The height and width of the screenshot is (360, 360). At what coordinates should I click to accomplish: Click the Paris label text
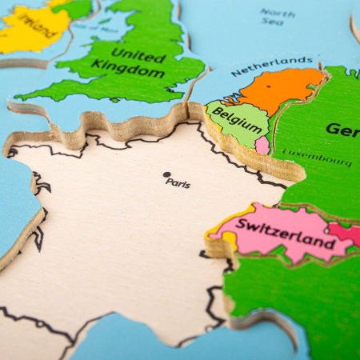178,182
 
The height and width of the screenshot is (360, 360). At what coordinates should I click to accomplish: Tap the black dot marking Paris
166,174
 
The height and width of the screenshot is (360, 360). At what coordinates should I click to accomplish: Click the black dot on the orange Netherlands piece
269,86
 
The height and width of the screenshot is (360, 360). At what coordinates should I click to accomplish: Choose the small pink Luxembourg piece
262,146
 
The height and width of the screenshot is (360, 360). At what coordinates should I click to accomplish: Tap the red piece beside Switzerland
345,233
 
